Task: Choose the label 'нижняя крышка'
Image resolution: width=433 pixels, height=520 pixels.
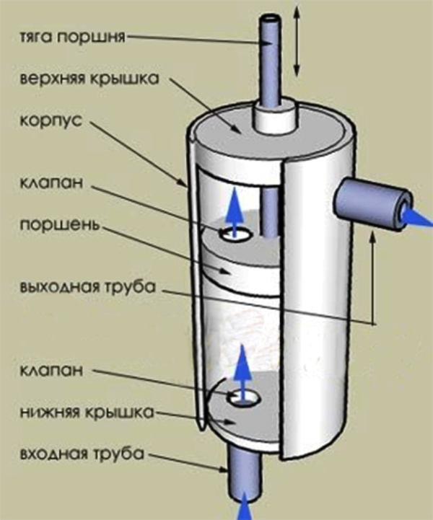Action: [86, 413]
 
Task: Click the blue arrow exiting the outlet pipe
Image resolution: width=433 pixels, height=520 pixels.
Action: [417, 214]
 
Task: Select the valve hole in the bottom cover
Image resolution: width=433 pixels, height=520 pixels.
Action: [240, 397]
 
